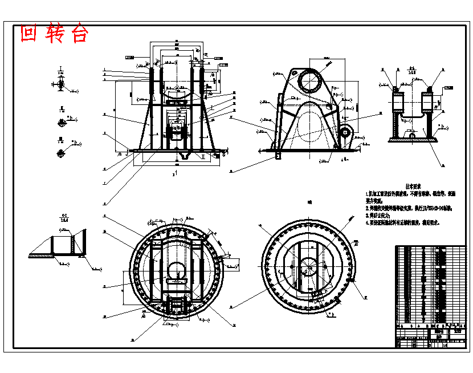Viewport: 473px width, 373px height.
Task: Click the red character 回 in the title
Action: pos(28,34)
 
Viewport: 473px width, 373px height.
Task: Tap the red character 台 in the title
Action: pos(80,34)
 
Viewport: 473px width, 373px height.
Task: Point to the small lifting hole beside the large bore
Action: pos(292,75)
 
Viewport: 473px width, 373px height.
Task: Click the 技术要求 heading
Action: pos(413,186)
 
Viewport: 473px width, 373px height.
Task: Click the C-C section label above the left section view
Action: pos(64,217)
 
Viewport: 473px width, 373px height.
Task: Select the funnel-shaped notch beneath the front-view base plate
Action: pos(184,155)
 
